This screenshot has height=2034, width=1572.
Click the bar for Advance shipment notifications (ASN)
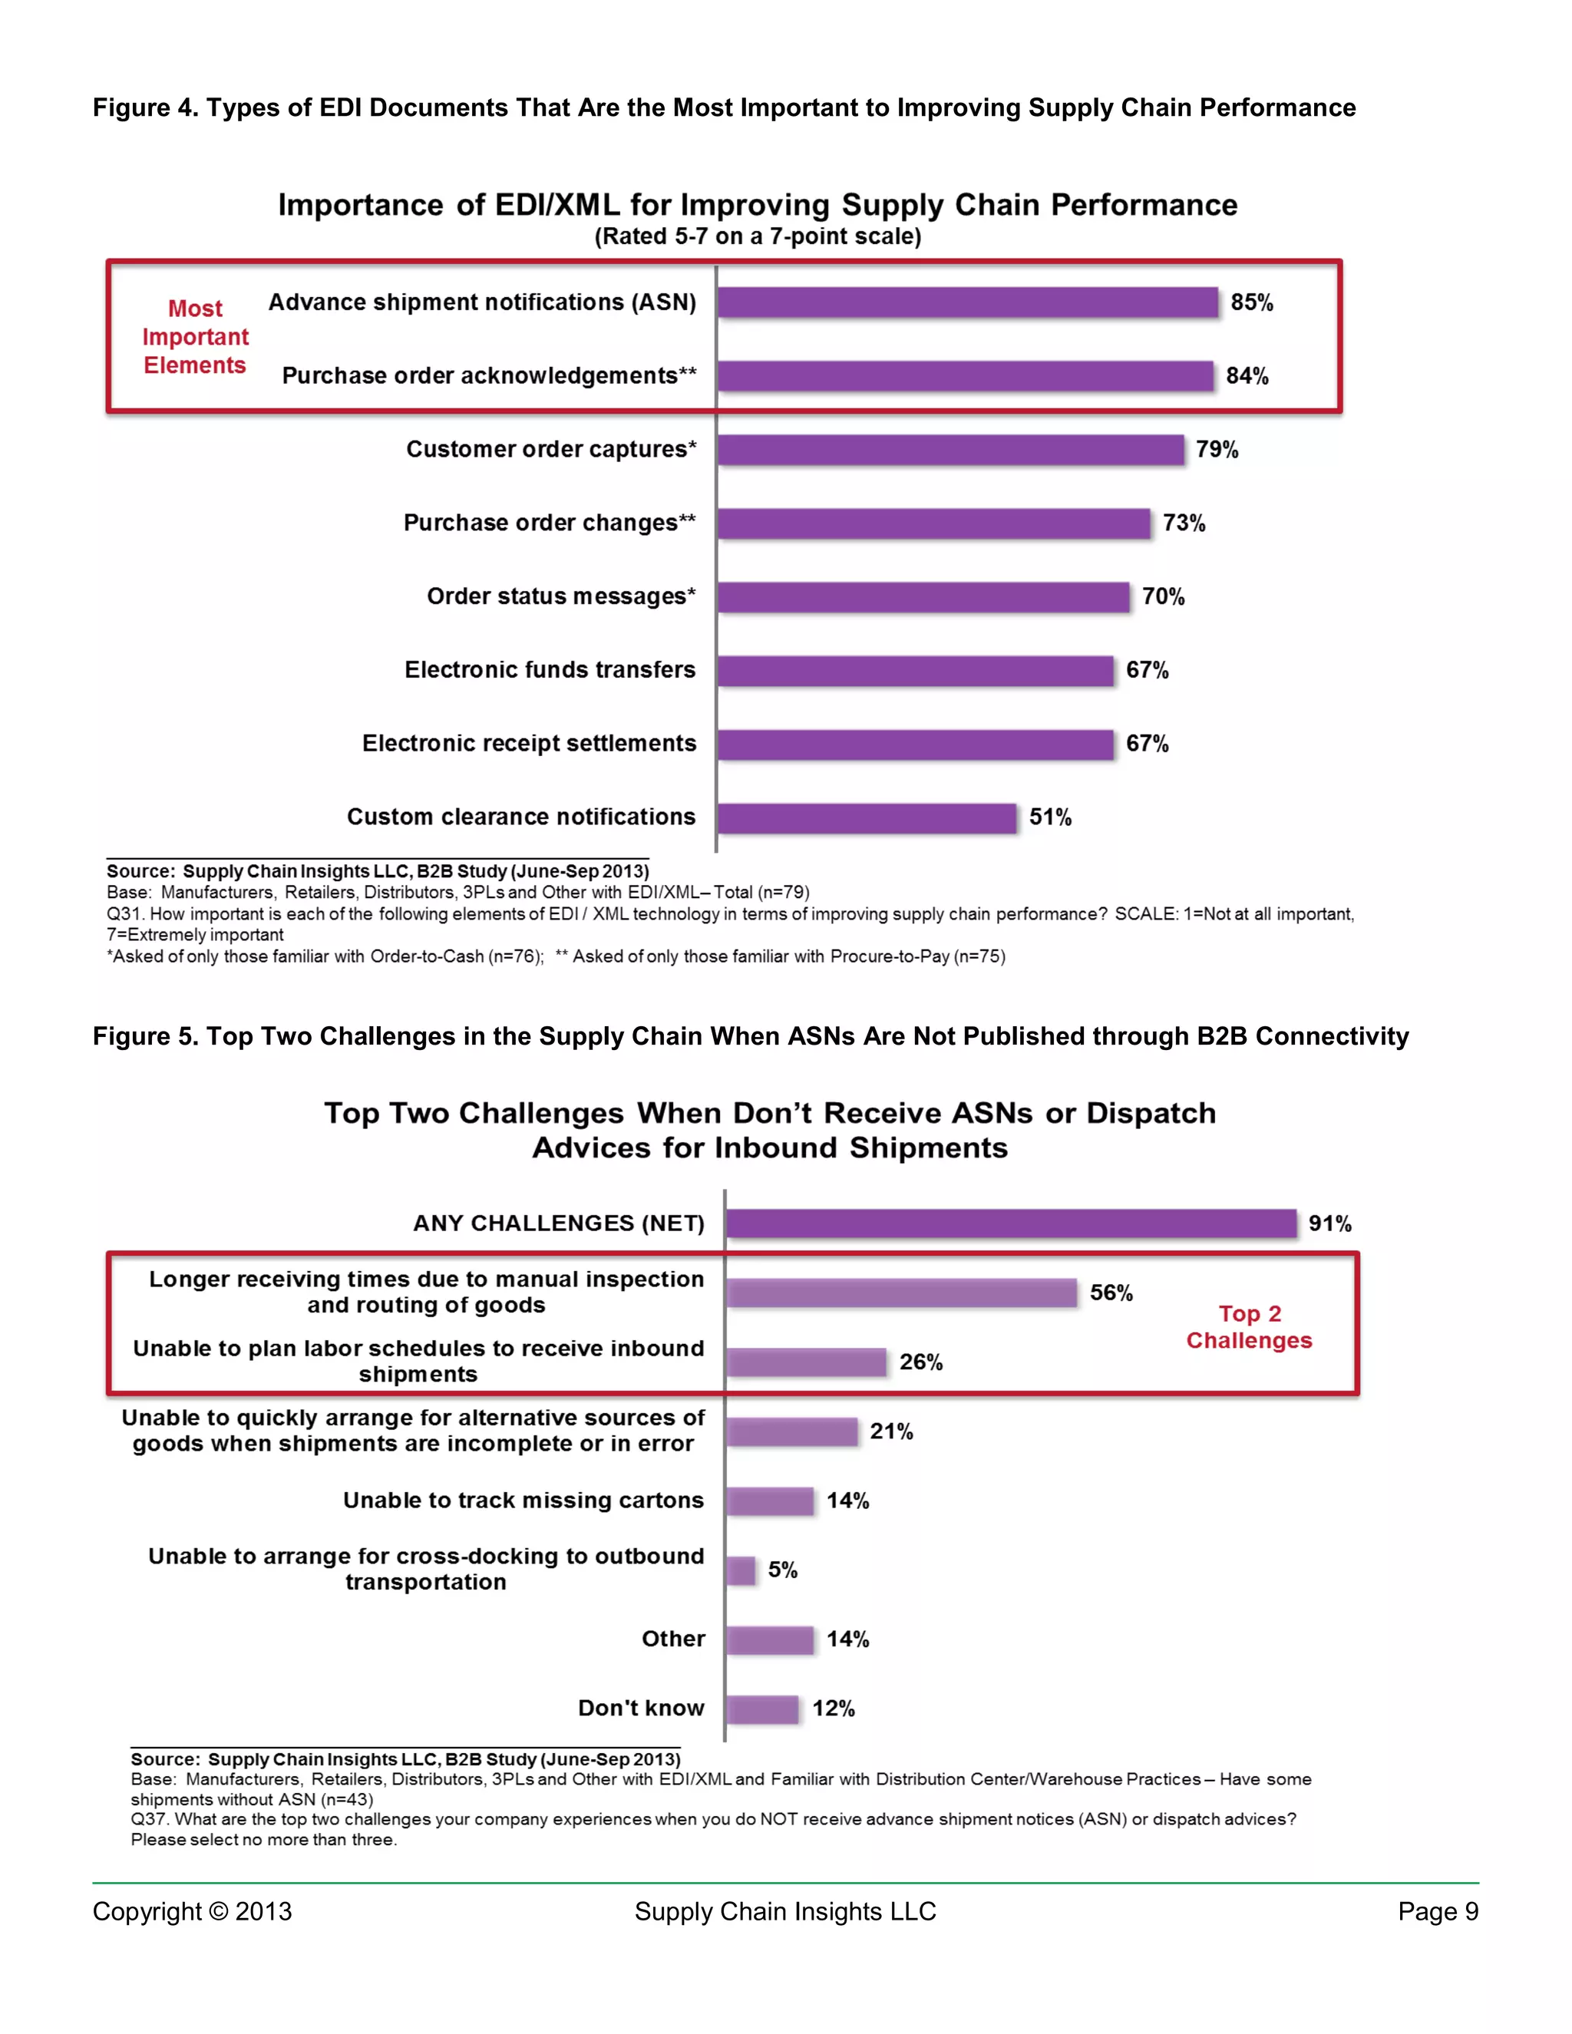tap(966, 302)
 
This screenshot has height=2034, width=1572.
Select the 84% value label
tap(1246, 376)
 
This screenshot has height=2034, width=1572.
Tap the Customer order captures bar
tap(950, 450)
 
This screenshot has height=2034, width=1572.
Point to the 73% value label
tap(1183, 523)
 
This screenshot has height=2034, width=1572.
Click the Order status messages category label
tap(560, 596)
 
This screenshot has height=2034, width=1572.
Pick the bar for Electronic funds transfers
tap(914, 671)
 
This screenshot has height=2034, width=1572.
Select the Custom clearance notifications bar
tap(866, 817)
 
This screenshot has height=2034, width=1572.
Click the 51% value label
tap(1049, 817)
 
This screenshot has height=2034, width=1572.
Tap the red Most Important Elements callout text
tap(195, 336)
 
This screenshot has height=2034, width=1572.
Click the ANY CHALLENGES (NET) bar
tap(1010, 1223)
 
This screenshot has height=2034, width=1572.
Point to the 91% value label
tap(1329, 1223)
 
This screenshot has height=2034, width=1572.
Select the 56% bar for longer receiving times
tap(900, 1293)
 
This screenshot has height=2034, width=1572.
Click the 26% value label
tap(920, 1362)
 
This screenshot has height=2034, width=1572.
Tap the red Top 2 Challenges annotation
tap(1249, 1327)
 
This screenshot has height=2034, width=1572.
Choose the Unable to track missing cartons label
tap(523, 1501)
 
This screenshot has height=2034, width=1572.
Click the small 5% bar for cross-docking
tap(741, 1570)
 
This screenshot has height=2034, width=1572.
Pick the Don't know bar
tap(761, 1709)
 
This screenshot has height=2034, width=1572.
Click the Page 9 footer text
tap(1437, 1912)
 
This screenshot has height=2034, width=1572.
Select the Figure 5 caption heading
tap(750, 1036)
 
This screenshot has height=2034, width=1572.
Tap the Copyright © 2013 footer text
tap(192, 1912)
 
